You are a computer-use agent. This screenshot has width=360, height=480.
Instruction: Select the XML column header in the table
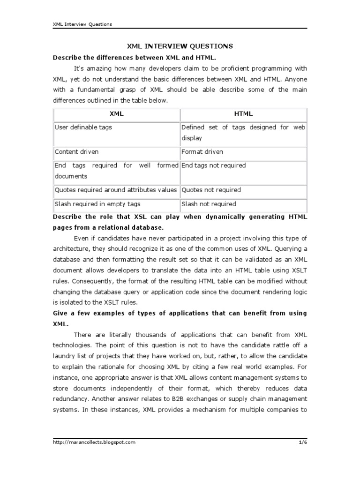point(116,113)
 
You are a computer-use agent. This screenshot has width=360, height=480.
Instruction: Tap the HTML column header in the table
point(243,113)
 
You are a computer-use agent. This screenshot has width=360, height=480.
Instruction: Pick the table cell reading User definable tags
point(83,127)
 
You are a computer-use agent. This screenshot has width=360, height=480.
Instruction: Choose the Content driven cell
point(77,152)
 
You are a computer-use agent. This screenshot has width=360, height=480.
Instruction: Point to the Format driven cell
point(202,152)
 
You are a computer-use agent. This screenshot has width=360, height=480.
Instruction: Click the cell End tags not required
point(213,165)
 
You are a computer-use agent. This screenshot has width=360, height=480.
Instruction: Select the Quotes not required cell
point(211,190)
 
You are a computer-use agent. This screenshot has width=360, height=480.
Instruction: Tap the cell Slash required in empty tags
point(97,204)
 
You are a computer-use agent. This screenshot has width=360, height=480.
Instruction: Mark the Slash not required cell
point(209,204)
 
